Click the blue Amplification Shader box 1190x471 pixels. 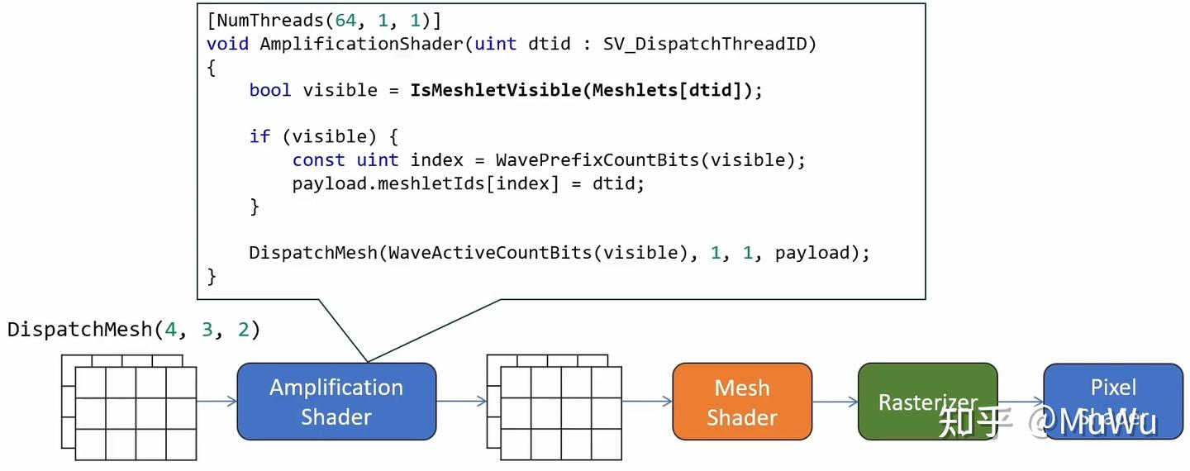[336, 402]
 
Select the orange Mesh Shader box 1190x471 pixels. [741, 402]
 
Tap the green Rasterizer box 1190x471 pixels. [927, 402]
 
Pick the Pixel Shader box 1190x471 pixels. [1112, 402]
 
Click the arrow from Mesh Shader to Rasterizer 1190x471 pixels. [835, 402]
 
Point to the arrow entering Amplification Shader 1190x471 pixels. [217, 402]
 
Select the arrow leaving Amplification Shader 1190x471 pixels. [460, 402]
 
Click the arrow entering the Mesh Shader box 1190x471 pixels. [646, 402]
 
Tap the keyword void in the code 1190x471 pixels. [227, 44]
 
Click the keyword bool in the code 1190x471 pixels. [270, 90]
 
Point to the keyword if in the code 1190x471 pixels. [259, 136]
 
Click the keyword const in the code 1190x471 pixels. [318, 159]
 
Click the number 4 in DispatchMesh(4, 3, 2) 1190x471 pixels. [170, 330]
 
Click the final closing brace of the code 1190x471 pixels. [212, 276]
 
